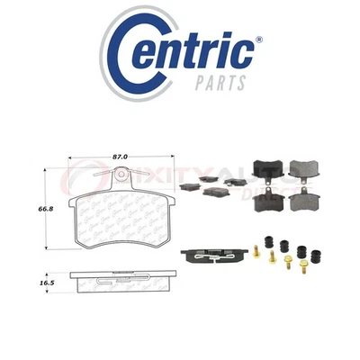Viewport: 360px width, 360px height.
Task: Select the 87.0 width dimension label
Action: tap(117, 157)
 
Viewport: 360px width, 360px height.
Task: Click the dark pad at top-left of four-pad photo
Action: tap(267, 167)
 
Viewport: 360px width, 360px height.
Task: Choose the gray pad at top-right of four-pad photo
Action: tap(299, 167)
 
